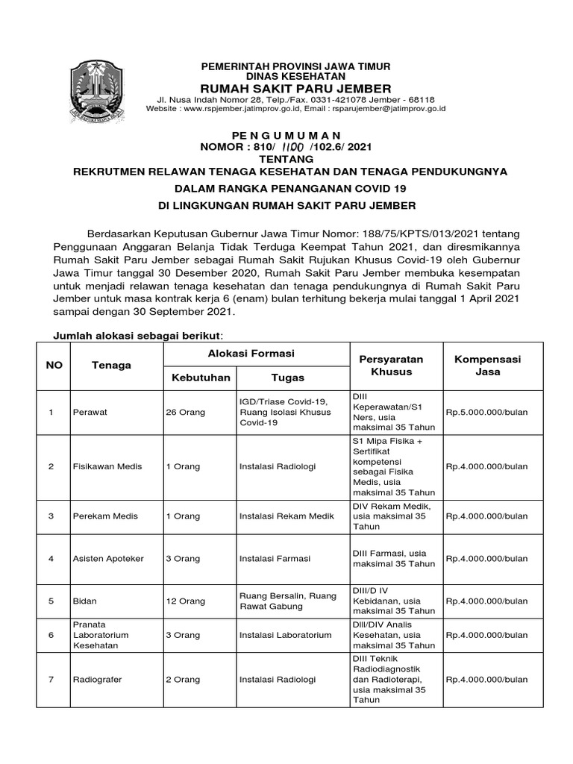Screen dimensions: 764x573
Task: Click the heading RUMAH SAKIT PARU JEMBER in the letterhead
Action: click(x=298, y=89)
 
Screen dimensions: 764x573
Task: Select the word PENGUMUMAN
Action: click(x=297, y=135)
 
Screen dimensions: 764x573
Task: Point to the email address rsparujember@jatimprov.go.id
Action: click(x=389, y=108)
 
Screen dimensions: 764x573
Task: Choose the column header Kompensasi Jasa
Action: click(x=488, y=365)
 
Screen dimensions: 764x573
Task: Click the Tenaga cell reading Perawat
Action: click(x=87, y=411)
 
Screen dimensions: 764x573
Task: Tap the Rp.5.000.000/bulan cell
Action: click(x=486, y=411)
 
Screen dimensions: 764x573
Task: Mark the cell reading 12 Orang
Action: click(x=185, y=601)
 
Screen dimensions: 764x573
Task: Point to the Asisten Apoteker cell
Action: click(x=107, y=558)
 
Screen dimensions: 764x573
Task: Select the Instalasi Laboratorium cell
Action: click(x=285, y=635)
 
